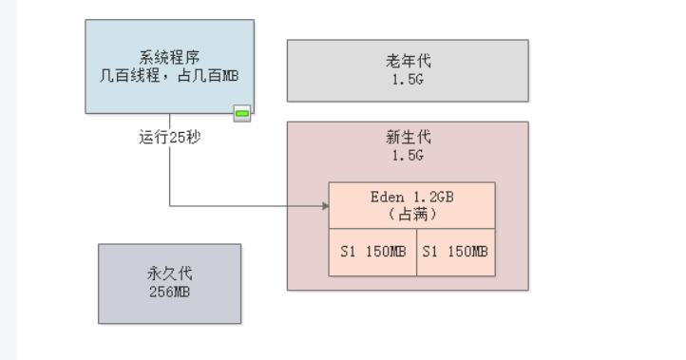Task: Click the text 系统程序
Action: (x=169, y=58)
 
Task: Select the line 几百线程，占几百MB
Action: (x=169, y=75)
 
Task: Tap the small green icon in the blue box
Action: (x=242, y=114)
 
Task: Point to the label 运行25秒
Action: (x=170, y=137)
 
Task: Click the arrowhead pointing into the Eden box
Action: (x=323, y=205)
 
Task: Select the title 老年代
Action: (x=408, y=62)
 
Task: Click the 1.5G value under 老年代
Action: (x=408, y=79)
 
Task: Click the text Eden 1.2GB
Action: (x=411, y=197)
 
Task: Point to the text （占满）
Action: (x=411, y=215)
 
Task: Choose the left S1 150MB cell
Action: (x=373, y=252)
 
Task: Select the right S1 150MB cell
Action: (x=455, y=252)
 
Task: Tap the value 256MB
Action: (x=170, y=292)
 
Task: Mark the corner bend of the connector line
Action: (x=170, y=205)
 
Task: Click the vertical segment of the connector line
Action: (x=170, y=176)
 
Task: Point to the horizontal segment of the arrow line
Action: (x=247, y=205)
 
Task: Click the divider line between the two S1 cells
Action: (x=416, y=252)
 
